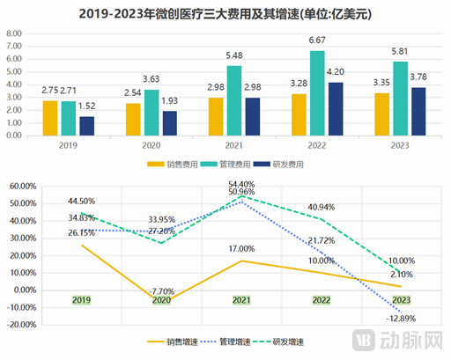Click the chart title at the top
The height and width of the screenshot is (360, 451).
(225, 13)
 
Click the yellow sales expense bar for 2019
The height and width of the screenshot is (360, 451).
(49, 120)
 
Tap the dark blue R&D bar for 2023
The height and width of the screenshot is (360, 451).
(418, 113)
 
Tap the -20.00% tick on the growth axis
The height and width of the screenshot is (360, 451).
(21, 324)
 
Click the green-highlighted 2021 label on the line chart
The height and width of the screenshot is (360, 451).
(239, 300)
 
